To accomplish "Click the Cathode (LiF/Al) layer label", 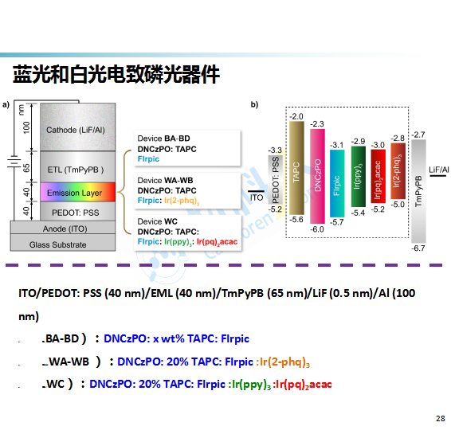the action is (x=76, y=131).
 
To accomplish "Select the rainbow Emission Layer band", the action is (x=77, y=192).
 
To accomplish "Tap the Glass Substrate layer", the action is (x=63, y=243).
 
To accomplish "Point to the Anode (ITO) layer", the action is (x=63, y=228).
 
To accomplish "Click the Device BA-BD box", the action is (x=187, y=148).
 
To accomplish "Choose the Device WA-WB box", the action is (x=187, y=190).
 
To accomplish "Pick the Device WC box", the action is (x=187, y=233).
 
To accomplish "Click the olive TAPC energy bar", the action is (x=296, y=168).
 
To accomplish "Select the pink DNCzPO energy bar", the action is (x=318, y=176).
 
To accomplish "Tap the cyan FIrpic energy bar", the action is (x=337, y=183).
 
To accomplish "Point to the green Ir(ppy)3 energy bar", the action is (x=359, y=177).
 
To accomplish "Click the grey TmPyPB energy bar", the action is (x=418, y=191).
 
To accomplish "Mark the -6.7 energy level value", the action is (x=418, y=248).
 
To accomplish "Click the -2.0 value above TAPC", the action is (x=296, y=116).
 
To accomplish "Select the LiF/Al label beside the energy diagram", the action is (x=439, y=170).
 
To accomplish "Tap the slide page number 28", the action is (x=441, y=419).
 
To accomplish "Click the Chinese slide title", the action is (x=116, y=74).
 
